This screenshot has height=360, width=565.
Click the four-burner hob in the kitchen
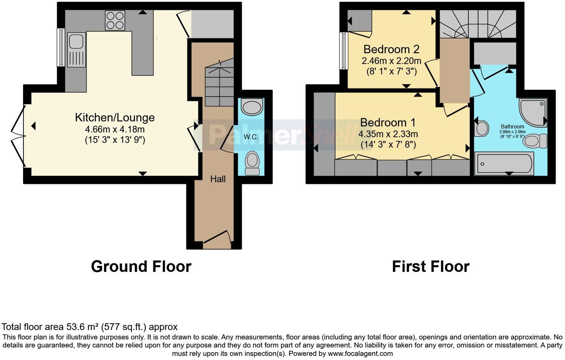coord(115,20)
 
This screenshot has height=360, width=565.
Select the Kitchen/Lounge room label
coord(115,118)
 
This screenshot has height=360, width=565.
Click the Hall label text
coord(218,179)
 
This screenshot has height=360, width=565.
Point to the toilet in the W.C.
coord(252,163)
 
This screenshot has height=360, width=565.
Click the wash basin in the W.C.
coord(252,107)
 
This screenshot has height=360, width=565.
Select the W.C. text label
coord(251,137)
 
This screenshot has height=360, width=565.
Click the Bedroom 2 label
coord(391,49)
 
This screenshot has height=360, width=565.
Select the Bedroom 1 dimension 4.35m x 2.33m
coord(388,134)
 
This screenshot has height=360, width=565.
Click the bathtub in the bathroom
coord(504,163)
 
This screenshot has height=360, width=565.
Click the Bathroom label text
coord(512,126)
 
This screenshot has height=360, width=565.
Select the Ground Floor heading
coord(141,267)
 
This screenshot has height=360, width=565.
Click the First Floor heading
coord(431,267)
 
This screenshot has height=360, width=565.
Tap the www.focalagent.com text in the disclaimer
coord(360,354)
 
